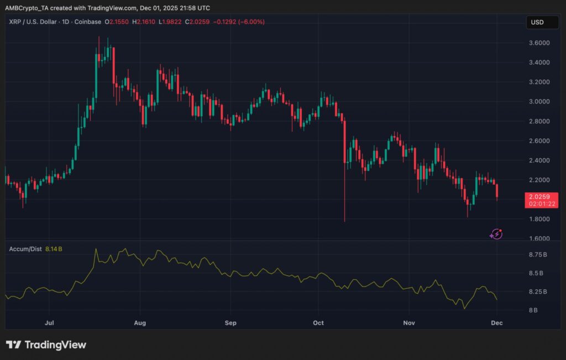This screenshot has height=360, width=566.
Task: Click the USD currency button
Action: pyautogui.click(x=537, y=22)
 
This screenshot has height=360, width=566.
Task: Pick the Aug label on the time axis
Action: pyautogui.click(x=140, y=322)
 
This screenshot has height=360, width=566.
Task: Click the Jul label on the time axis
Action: pyautogui.click(x=49, y=322)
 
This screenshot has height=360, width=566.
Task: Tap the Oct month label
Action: pyautogui.click(x=318, y=322)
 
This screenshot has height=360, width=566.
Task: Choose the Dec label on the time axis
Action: pyautogui.click(x=498, y=322)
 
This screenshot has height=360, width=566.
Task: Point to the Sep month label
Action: pyautogui.click(x=231, y=322)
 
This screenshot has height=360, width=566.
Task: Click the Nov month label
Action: pyautogui.click(x=409, y=322)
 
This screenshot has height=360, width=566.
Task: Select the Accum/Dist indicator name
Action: pyautogui.click(x=24, y=249)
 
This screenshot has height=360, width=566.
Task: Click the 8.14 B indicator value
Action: pyautogui.click(x=53, y=249)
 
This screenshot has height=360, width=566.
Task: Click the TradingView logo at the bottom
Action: pyautogui.click(x=46, y=345)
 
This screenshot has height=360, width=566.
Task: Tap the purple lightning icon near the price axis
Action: pyautogui.click(x=496, y=234)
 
